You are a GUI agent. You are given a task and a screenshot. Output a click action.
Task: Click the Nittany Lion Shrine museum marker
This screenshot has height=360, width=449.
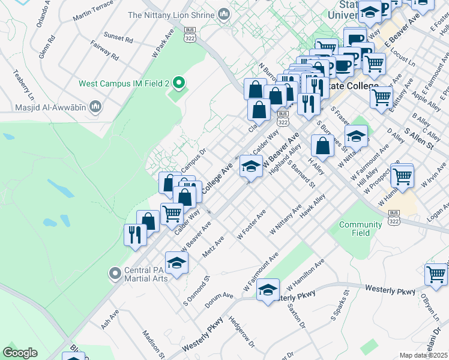point(224,14)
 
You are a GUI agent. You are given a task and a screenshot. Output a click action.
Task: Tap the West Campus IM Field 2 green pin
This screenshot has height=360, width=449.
point(177,83)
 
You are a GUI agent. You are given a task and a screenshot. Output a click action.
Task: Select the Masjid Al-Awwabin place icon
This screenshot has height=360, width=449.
point(94,107)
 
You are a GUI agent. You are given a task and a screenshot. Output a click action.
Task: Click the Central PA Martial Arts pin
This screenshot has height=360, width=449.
point(115,274)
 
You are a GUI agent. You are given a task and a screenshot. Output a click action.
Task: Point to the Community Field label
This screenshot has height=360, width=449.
point(360,229)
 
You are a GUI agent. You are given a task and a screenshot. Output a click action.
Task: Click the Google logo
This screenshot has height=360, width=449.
point(20,353)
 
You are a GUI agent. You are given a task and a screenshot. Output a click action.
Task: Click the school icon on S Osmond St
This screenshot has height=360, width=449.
point(176,263)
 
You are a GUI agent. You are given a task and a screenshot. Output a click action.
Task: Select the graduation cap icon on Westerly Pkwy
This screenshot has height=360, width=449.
point(268,290)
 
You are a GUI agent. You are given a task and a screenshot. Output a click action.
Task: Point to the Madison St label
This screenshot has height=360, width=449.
point(153,343)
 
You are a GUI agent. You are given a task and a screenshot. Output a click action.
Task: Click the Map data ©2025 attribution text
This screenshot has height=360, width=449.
point(424,355)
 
